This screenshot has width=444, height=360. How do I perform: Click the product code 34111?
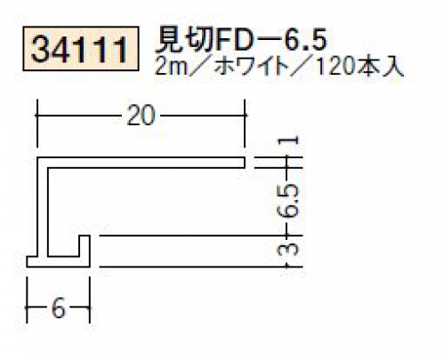point(80,50)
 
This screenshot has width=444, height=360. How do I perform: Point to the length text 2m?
point(172,68)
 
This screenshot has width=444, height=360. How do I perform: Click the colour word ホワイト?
point(252,68)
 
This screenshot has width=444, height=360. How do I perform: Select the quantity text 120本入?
point(359,68)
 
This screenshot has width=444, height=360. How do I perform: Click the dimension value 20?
point(141,116)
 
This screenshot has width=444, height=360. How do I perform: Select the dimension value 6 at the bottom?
point(58,308)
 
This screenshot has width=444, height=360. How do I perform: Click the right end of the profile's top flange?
point(246,163)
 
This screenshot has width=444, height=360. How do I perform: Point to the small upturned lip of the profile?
point(85,245)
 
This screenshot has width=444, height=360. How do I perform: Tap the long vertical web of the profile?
point(43,206)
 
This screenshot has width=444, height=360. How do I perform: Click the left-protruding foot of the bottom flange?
point(32,261)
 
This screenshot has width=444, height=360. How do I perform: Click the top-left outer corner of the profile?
point(37,157)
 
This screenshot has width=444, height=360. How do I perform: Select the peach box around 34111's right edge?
point(138,49)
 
